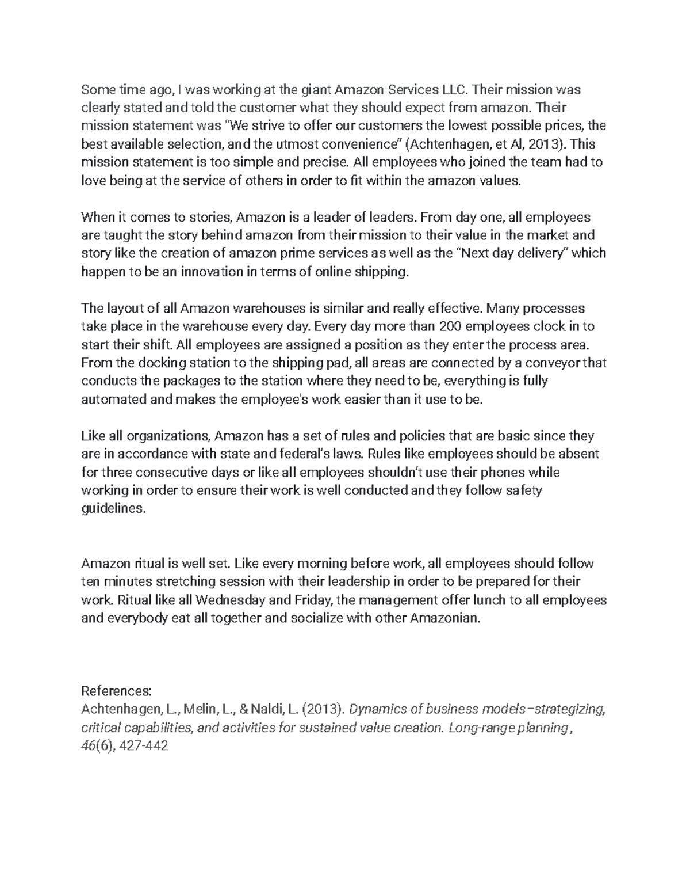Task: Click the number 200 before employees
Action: (450, 326)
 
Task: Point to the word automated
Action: (114, 400)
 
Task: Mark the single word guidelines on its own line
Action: (110, 509)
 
